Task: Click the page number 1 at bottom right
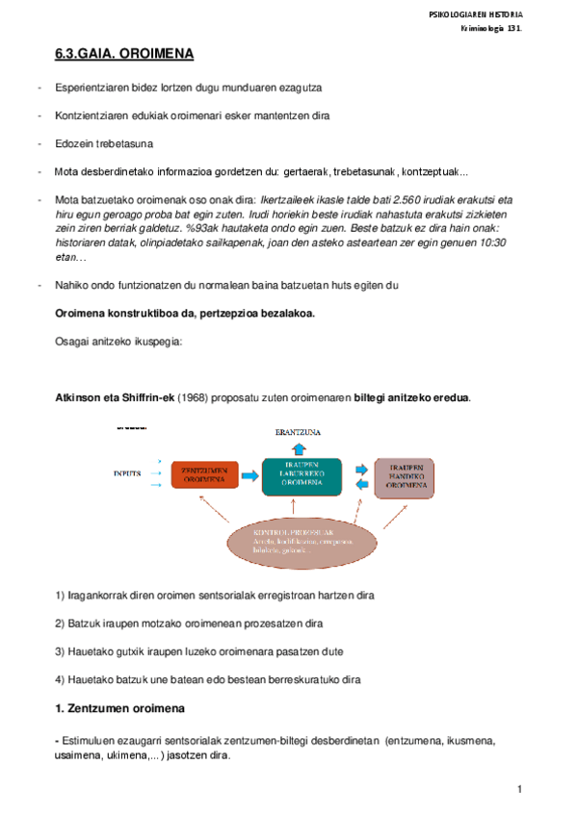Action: click(519, 789)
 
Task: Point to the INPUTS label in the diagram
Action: click(128, 473)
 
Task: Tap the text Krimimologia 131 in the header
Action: click(490, 31)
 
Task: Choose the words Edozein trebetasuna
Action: click(104, 144)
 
